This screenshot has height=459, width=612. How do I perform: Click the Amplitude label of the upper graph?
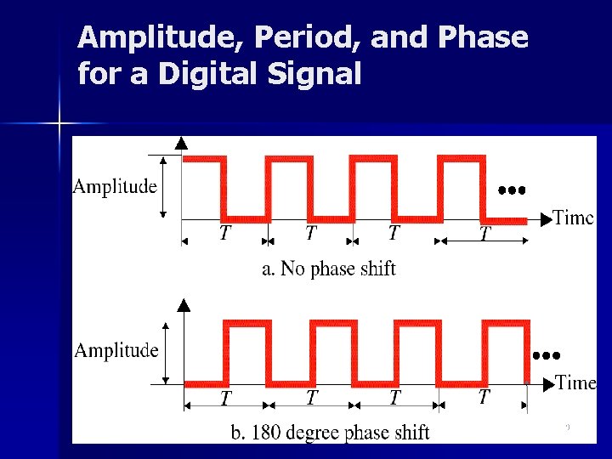pyautogui.click(x=115, y=186)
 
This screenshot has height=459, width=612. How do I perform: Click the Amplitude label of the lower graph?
pyautogui.click(x=116, y=350)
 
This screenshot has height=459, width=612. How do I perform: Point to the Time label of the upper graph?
pyautogui.click(x=573, y=218)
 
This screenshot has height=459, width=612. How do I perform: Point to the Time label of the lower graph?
pyautogui.click(x=575, y=382)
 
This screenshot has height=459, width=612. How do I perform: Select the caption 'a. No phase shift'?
pyautogui.click(x=328, y=269)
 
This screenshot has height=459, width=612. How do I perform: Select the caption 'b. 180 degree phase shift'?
pyautogui.click(x=331, y=433)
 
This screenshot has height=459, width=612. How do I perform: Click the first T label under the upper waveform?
pyautogui.click(x=224, y=233)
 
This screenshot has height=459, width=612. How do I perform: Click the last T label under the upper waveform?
pyautogui.click(x=484, y=233)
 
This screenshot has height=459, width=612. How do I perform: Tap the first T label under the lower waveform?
pyautogui.click(x=226, y=397)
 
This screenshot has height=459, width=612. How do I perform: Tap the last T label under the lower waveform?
pyautogui.click(x=484, y=397)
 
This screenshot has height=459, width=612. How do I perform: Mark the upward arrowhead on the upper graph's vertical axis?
pyautogui.click(x=181, y=144)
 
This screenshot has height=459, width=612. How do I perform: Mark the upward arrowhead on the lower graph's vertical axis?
pyautogui.click(x=183, y=304)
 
